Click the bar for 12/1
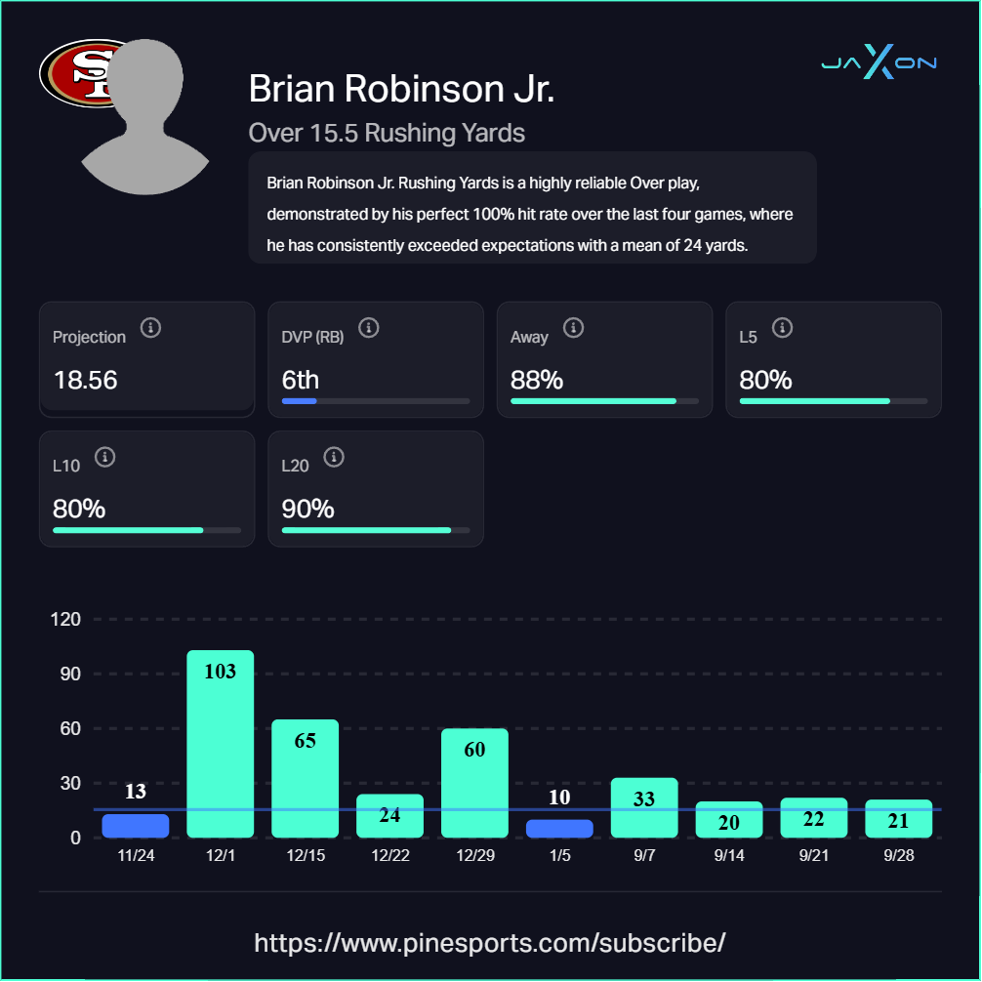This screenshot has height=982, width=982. click(220, 744)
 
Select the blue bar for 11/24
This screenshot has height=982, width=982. click(135, 826)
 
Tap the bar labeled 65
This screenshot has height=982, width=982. click(305, 778)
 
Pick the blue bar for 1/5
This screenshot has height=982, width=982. click(559, 829)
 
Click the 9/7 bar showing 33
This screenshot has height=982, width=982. click(643, 807)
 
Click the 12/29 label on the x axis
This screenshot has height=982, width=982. click(474, 855)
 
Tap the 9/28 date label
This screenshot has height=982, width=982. click(898, 855)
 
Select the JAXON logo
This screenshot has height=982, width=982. click(879, 62)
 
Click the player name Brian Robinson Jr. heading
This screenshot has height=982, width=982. click(401, 89)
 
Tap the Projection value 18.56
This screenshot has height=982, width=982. click(86, 380)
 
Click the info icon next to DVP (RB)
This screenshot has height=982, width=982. click(369, 328)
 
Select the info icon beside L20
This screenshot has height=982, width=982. click(334, 457)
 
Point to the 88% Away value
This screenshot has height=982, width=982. click(537, 380)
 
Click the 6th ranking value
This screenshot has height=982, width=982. click(301, 380)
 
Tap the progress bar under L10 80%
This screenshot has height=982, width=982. click(146, 530)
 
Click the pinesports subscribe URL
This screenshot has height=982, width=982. click(490, 943)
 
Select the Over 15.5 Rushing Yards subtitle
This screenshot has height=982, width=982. click(387, 133)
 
